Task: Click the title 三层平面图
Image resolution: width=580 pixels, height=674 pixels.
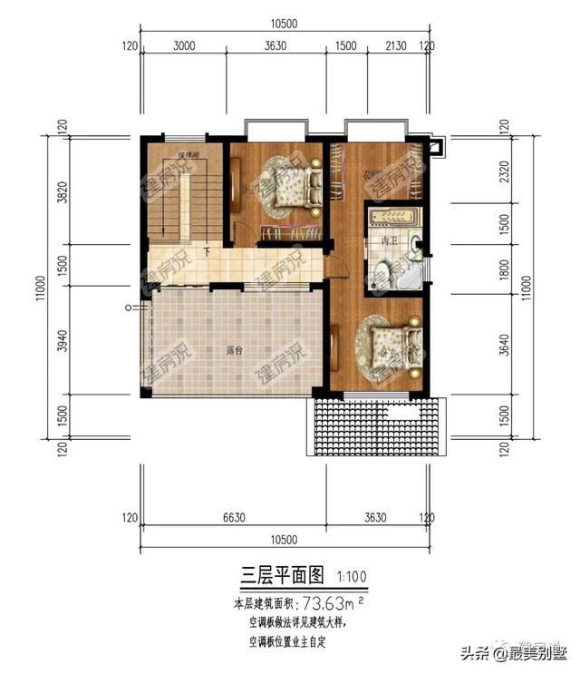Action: tap(281, 574)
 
